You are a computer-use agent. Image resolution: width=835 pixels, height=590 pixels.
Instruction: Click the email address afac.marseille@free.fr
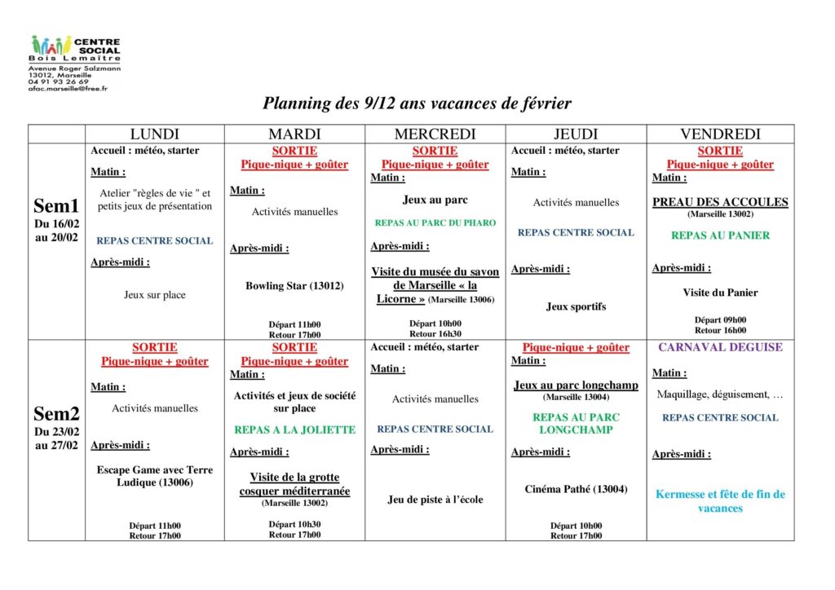click(x=67, y=88)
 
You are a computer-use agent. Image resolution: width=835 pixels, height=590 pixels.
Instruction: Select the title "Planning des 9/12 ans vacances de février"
click(x=417, y=103)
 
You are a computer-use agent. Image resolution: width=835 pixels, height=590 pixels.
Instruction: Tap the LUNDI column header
click(x=154, y=134)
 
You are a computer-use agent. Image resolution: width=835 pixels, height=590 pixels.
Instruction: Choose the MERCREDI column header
click(x=435, y=134)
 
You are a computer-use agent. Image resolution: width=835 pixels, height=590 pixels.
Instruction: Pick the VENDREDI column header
click(x=720, y=134)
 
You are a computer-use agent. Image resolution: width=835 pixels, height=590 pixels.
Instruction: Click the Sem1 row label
click(x=56, y=207)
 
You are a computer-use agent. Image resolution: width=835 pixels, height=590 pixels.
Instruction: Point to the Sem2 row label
click(x=56, y=414)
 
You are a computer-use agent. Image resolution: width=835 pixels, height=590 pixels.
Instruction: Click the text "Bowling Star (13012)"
click(x=294, y=286)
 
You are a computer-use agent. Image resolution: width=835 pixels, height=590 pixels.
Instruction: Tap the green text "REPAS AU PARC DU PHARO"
click(x=435, y=222)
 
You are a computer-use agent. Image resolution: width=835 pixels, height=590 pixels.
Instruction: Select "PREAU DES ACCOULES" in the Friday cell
click(x=720, y=202)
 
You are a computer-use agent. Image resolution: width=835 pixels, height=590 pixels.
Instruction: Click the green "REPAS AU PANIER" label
click(x=720, y=236)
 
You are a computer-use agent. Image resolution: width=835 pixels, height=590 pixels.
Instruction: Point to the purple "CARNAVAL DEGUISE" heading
click(x=720, y=347)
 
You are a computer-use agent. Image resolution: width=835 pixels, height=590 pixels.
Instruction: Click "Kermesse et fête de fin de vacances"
click(x=720, y=501)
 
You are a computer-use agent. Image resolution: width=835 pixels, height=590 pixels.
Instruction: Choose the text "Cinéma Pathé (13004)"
click(x=576, y=490)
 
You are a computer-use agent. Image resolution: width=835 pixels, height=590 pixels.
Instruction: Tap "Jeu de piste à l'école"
click(x=435, y=500)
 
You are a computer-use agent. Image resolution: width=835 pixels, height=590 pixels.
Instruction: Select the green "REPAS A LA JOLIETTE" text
click(x=294, y=429)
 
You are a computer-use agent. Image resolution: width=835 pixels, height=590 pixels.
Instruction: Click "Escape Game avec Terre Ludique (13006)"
click(x=154, y=476)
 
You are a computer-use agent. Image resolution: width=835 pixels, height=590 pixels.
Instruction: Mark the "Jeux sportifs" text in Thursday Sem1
click(x=576, y=307)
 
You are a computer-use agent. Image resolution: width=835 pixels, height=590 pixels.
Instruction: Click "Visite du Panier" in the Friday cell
click(x=720, y=293)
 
